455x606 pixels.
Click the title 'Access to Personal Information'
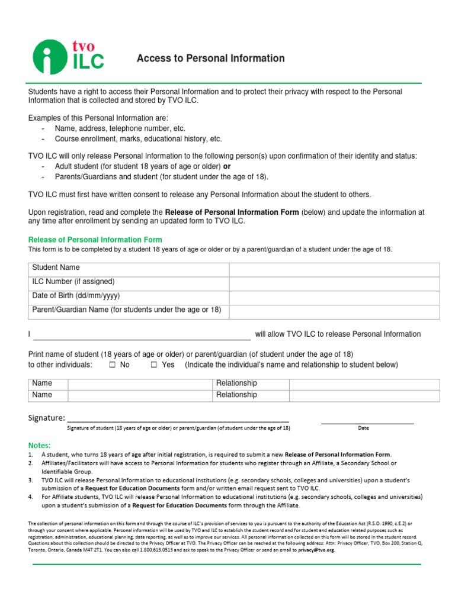tap(210, 58)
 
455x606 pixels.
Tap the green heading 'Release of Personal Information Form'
tap(95, 240)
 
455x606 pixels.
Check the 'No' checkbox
tap(112, 365)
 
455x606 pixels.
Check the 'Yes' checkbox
tap(154, 365)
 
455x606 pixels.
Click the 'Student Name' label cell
tap(56, 268)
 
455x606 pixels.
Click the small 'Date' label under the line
tap(363, 428)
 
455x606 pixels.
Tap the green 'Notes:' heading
tap(40, 445)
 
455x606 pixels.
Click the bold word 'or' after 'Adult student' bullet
tap(226, 166)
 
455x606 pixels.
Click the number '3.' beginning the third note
tap(31, 480)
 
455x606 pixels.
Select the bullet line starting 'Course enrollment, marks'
tap(138, 139)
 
